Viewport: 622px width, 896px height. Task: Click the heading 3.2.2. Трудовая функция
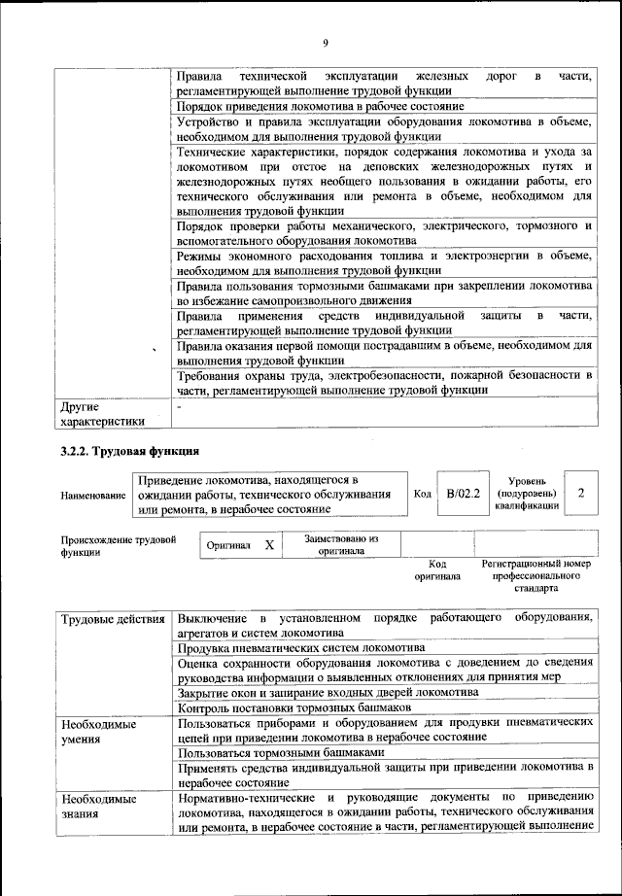pyautogui.click(x=129, y=451)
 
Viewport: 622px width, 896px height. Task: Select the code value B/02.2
pyautogui.click(x=464, y=494)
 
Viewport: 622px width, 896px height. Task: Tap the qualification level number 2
pyautogui.click(x=580, y=494)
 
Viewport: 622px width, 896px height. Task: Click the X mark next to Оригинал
pyautogui.click(x=269, y=545)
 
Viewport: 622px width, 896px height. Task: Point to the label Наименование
pyautogui.click(x=93, y=496)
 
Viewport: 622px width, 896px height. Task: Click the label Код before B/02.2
pyautogui.click(x=422, y=494)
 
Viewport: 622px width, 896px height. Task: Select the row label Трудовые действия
pyautogui.click(x=111, y=619)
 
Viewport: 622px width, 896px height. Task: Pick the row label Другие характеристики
pyautogui.click(x=102, y=413)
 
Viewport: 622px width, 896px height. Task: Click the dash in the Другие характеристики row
pyautogui.click(x=180, y=405)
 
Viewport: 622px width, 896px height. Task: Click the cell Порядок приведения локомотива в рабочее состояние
pyautogui.click(x=320, y=106)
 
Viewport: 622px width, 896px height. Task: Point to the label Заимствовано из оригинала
pyautogui.click(x=340, y=544)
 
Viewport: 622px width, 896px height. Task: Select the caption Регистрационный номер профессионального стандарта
pyautogui.click(x=536, y=575)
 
